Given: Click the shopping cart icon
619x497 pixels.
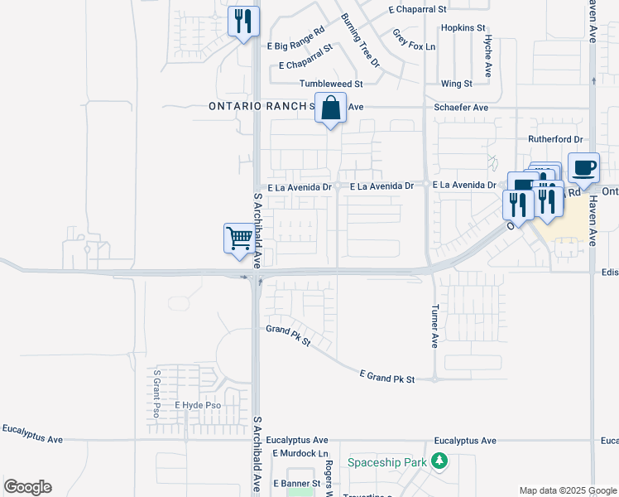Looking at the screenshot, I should click(240, 239).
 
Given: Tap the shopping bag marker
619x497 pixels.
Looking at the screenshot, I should click(330, 109).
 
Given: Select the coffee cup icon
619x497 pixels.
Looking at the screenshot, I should click(583, 167).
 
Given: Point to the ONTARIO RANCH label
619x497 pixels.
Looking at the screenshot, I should click(257, 107).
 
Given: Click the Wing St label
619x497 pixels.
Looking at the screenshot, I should click(456, 84).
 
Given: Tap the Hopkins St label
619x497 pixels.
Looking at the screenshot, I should click(463, 27).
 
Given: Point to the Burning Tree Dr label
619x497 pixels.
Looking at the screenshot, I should click(360, 41).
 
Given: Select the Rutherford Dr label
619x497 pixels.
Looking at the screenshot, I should click(555, 139).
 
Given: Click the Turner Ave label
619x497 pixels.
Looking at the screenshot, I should click(434, 326).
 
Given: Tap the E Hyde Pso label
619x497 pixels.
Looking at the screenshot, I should click(198, 405).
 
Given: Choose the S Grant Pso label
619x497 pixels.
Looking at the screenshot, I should click(156, 393).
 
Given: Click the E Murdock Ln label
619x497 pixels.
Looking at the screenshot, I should click(300, 454).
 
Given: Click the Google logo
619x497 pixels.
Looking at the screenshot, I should click(27, 487).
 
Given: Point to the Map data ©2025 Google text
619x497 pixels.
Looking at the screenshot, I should click(567, 490).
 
